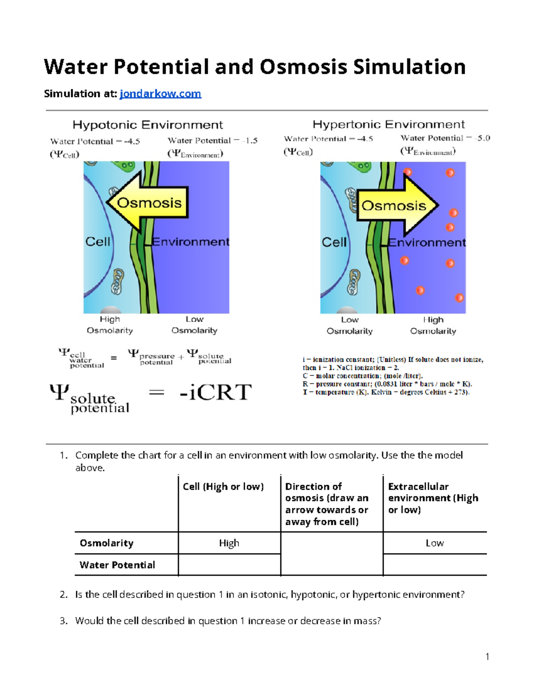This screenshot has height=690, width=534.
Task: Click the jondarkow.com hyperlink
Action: tap(160, 94)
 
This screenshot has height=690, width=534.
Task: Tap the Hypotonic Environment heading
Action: tap(148, 125)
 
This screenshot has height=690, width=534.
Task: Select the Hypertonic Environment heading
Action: tap(388, 124)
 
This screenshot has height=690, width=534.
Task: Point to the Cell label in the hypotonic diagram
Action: tap(97, 242)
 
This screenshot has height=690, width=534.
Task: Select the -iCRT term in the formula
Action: tap(215, 392)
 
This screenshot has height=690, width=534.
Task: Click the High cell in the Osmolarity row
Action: tap(229, 543)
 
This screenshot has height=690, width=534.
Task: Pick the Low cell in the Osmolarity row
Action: tap(434, 543)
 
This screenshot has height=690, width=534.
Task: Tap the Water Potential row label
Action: tap(117, 565)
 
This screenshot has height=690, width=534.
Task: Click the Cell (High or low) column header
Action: tap(223, 487)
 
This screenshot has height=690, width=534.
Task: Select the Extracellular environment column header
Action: tap(433, 498)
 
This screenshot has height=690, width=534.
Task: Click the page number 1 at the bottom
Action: tap(487, 657)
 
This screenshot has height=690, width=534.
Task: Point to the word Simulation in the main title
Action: tap(409, 67)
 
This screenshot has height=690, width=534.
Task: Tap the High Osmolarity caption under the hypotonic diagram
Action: tap(110, 325)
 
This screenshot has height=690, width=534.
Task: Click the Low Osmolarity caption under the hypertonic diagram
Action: tap(350, 325)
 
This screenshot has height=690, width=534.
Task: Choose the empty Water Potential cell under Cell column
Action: tap(229, 565)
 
